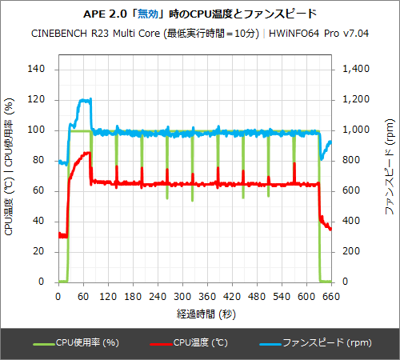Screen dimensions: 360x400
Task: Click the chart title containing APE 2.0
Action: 199,14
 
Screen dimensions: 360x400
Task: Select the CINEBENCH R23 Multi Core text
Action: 95,34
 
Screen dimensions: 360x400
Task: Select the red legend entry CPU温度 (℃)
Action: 202,342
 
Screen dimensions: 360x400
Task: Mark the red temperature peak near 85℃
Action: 89,153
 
